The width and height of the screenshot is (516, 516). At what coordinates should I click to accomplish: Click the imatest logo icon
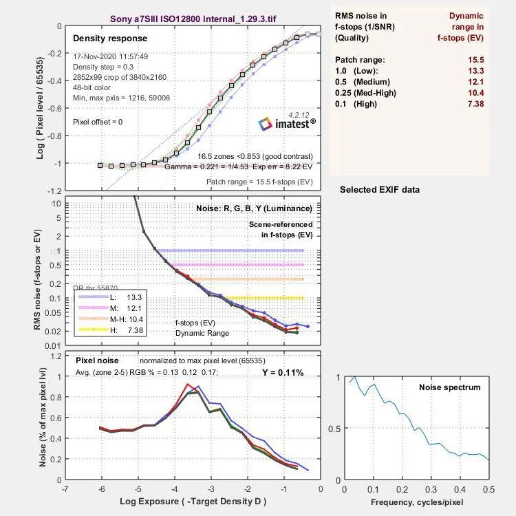(266, 124)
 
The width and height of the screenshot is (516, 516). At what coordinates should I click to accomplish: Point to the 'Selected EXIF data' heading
(379, 189)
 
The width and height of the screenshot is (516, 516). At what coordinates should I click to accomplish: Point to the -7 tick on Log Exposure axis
(65, 489)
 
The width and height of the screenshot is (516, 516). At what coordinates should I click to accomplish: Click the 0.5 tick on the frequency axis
(489, 489)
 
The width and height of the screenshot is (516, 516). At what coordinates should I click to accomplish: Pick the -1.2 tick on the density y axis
(52, 190)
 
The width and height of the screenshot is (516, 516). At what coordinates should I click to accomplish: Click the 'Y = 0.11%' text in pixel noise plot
(282, 373)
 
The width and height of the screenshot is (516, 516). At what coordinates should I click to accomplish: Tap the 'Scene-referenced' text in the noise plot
(281, 224)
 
